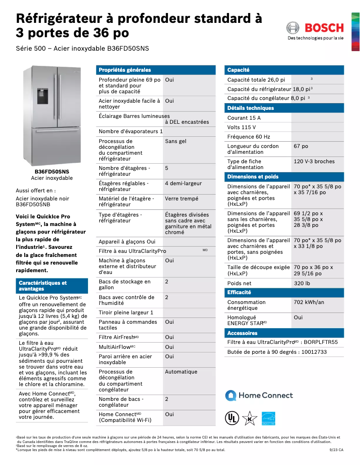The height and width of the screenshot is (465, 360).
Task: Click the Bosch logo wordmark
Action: click(x=324, y=28)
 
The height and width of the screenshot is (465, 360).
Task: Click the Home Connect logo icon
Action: click(x=231, y=395)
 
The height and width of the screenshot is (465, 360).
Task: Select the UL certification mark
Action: click(x=232, y=418)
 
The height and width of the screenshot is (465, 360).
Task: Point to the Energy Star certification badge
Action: click(x=268, y=418)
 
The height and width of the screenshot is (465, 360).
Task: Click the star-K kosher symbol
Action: click(x=250, y=418)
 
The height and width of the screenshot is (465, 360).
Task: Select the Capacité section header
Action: click(x=238, y=70)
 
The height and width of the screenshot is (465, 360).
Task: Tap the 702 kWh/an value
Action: click(x=309, y=302)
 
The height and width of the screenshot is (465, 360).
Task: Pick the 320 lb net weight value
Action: click(x=302, y=283)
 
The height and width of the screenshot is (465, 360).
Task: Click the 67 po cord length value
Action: click(x=301, y=146)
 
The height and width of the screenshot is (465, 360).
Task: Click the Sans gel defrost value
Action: click(x=176, y=141)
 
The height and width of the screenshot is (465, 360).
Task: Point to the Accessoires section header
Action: click(x=242, y=333)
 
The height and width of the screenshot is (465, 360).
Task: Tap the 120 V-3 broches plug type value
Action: click(x=314, y=161)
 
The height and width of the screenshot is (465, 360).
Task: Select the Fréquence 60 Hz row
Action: click(x=249, y=137)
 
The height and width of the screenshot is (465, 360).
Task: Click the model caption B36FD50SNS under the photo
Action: click(x=52, y=172)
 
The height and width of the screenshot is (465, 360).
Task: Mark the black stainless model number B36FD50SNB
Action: click(x=33, y=204)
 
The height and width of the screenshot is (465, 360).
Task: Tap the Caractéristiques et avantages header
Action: click(x=43, y=286)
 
